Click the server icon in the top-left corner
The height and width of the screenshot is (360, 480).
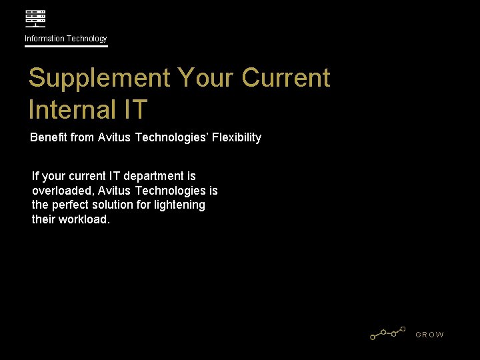coord(35,18)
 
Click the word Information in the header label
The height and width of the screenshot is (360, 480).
coord(45,39)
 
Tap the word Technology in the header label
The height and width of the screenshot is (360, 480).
coord(87,39)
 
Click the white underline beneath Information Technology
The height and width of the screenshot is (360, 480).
coord(66,46)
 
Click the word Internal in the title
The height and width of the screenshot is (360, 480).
coord(71,109)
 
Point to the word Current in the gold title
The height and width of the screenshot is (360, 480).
coord(285,78)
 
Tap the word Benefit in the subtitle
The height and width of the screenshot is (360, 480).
coord(49,137)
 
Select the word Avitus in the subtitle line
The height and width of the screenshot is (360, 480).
coord(115,137)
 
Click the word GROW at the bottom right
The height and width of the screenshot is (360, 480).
coord(429,335)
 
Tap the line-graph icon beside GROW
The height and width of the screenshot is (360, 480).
coord(387,333)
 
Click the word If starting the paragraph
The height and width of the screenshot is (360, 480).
coord(35,176)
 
